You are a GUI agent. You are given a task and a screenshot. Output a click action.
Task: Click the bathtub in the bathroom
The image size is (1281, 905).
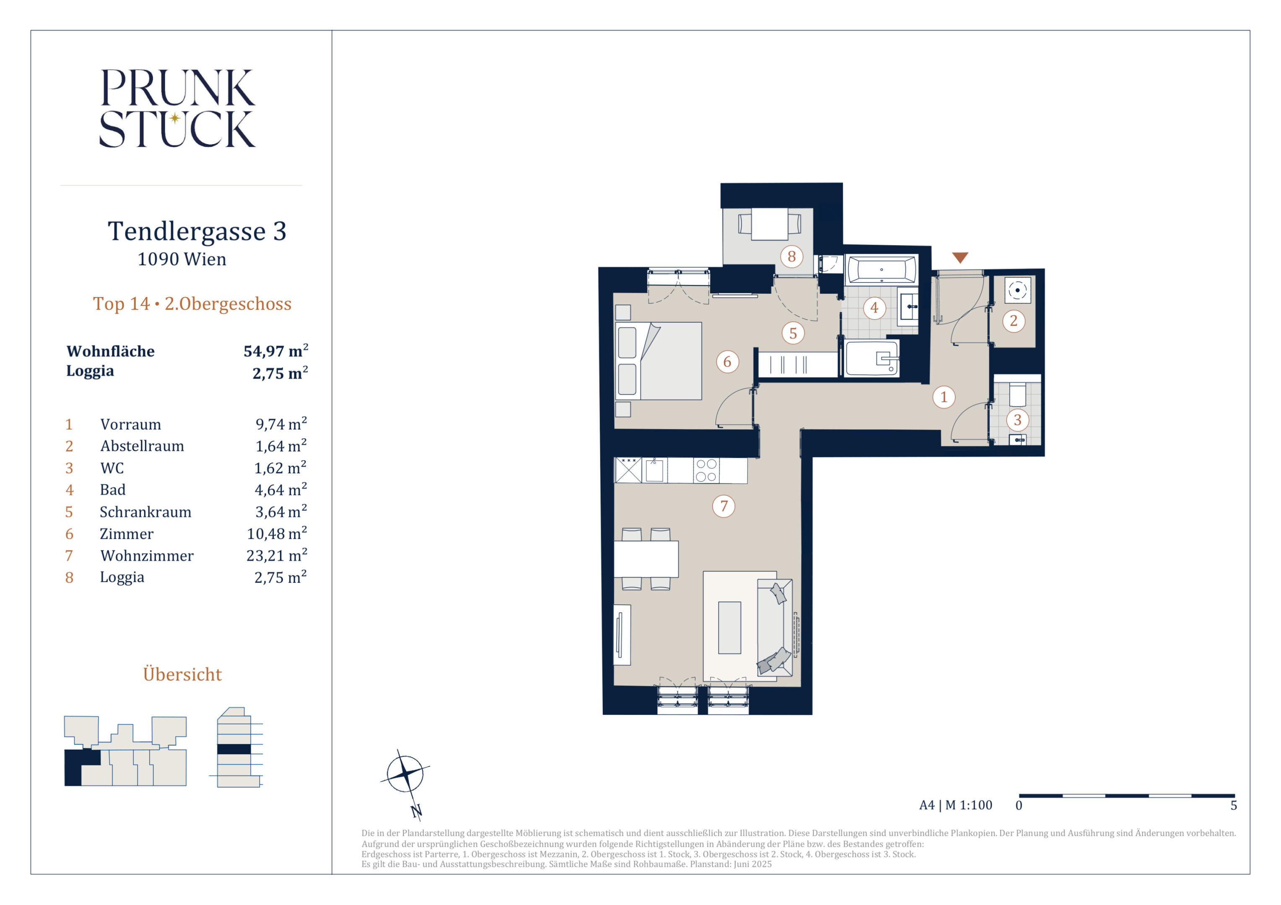(881, 270)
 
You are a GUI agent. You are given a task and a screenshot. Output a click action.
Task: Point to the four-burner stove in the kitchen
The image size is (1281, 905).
(706, 470)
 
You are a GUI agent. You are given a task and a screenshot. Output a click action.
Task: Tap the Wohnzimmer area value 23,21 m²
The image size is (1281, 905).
(277, 556)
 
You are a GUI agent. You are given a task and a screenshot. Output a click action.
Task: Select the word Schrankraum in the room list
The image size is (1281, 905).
(145, 512)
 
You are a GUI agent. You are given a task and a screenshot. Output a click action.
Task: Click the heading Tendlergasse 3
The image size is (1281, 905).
(197, 231)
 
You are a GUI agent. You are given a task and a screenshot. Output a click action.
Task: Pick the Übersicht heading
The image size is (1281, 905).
(182, 674)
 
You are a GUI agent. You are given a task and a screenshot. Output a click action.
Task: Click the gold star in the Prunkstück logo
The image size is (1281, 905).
(175, 118)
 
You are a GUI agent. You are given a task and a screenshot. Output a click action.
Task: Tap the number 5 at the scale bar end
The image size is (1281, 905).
(1234, 805)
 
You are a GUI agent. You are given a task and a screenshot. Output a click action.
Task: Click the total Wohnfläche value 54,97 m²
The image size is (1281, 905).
(276, 351)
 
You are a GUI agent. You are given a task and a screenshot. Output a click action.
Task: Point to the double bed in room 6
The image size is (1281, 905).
(659, 361)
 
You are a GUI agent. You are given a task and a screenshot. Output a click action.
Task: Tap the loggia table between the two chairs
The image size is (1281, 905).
(769, 224)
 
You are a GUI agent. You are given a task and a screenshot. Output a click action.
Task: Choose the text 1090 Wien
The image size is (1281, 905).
(182, 259)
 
